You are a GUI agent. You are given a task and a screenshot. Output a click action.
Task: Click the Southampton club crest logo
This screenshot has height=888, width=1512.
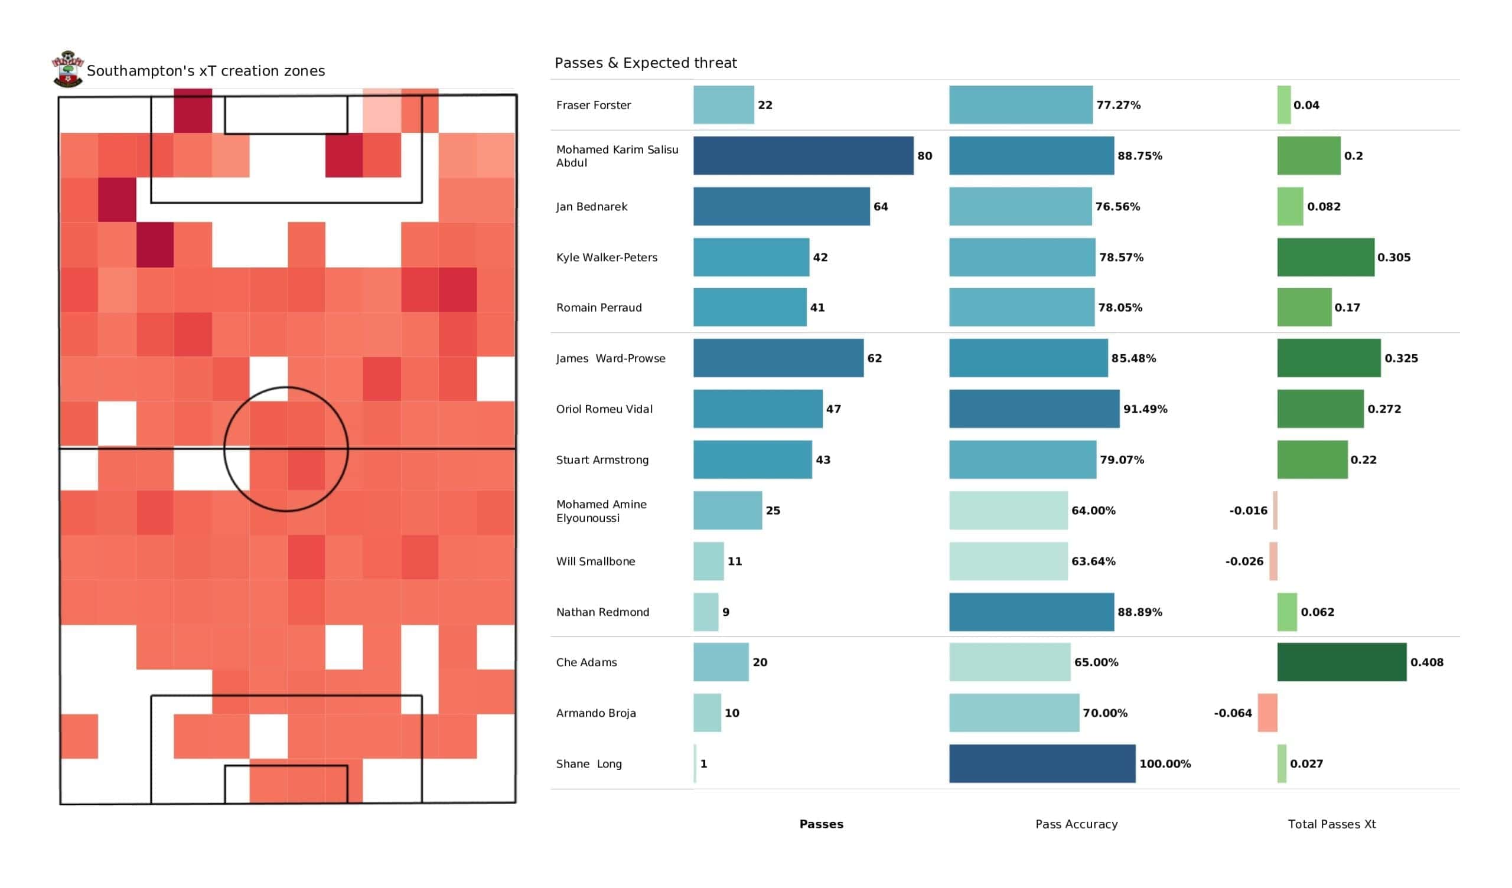point(68,69)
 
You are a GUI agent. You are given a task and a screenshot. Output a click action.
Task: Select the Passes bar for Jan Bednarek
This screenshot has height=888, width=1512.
point(781,207)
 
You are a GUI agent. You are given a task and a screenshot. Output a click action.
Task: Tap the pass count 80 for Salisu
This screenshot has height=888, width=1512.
point(924,156)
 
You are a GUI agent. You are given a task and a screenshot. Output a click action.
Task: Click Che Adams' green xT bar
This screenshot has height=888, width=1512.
point(1341,662)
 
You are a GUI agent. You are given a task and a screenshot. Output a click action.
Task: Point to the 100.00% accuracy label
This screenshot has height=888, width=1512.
point(1165,764)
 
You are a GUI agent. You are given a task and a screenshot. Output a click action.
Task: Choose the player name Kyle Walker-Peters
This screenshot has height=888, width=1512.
point(607,257)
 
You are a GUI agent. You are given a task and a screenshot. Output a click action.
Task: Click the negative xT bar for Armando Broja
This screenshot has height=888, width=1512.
point(1267,713)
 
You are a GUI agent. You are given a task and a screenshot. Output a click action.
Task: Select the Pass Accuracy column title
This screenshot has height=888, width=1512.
point(1076,824)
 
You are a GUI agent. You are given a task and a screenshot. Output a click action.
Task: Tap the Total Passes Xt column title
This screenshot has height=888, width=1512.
point(1331,824)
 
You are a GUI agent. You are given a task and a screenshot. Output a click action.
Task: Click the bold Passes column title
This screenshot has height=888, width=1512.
point(821,824)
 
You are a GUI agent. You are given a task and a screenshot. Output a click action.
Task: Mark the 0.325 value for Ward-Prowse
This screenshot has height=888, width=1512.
point(1401,358)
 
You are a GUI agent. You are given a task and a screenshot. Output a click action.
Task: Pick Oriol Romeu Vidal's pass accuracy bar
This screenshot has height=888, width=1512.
point(1034,409)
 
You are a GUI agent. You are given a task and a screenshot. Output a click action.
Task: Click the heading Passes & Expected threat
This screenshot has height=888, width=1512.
point(646,63)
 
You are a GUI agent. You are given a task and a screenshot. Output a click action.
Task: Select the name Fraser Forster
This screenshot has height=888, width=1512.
point(594,105)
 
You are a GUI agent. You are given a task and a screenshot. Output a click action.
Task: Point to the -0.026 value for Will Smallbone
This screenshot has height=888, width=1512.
point(1244,561)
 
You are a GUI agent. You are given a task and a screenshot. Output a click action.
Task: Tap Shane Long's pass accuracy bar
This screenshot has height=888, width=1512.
point(1042,764)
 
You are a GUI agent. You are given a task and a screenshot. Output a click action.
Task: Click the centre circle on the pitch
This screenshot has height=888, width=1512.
point(286,449)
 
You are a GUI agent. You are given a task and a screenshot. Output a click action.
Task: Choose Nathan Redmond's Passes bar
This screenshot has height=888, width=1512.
point(706,612)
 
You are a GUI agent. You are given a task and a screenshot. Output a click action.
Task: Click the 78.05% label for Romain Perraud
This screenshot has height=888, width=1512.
point(1120,308)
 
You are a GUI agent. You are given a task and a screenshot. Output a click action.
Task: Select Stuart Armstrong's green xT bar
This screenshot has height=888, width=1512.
point(1312,459)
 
